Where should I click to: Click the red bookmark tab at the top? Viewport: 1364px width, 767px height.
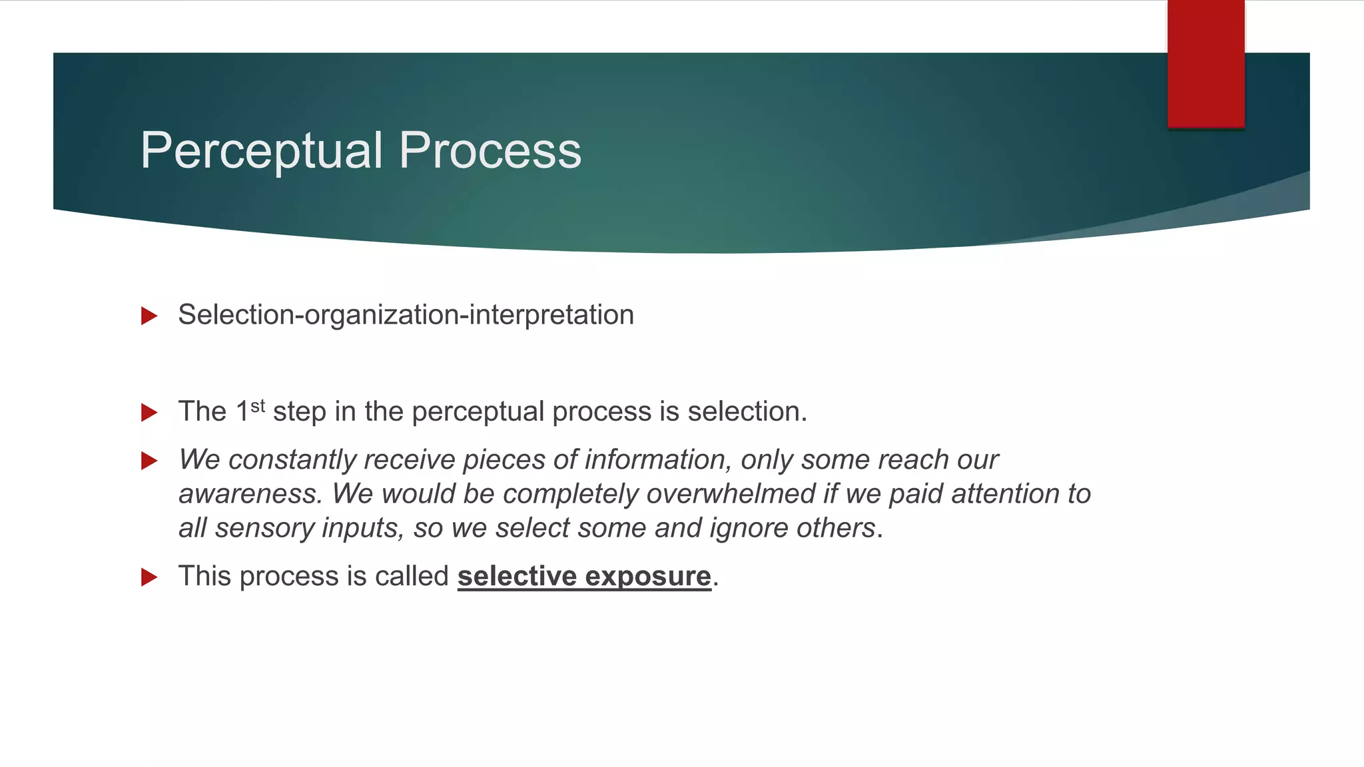click(1205, 63)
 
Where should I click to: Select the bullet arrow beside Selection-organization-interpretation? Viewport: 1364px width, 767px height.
click(149, 316)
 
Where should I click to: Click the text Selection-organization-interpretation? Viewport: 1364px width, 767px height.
click(406, 315)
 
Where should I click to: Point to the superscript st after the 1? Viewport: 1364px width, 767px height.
click(258, 406)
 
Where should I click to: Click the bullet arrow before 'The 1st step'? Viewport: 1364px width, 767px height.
click(149, 412)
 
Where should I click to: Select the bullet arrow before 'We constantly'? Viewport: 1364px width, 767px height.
click(149, 461)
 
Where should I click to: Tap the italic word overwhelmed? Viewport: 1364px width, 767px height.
click(731, 494)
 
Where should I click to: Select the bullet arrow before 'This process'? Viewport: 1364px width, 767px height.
click(149, 577)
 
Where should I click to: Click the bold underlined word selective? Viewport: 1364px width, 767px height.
click(517, 576)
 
